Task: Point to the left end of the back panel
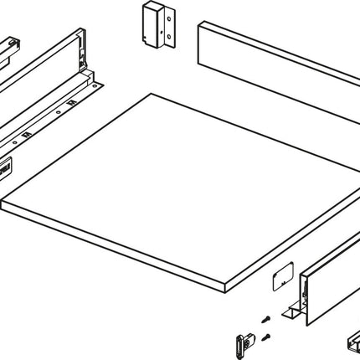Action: pyautogui.click(x=201, y=42)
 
